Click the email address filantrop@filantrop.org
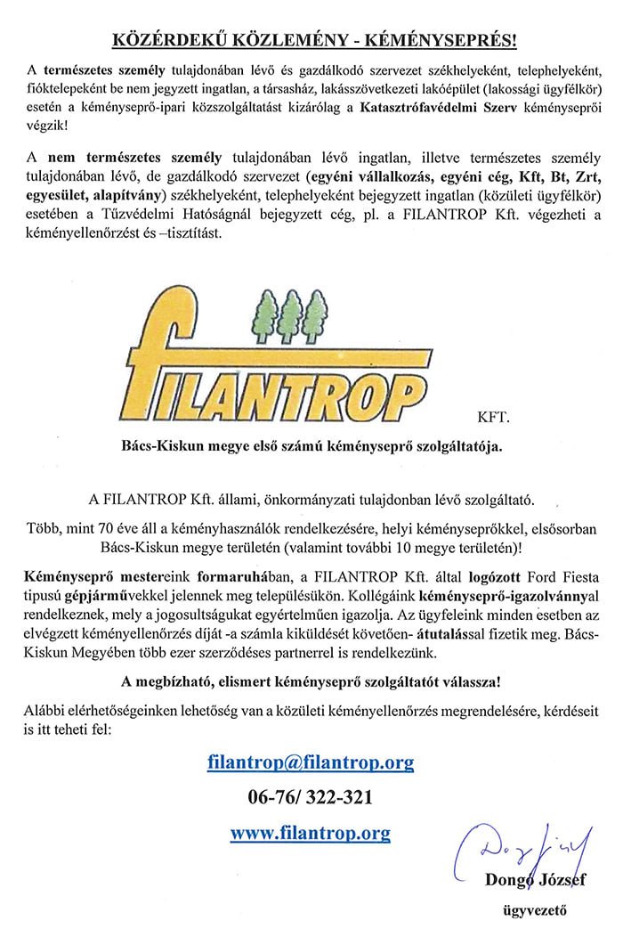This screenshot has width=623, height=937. [x=311, y=763]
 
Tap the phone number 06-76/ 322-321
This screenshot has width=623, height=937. [x=310, y=797]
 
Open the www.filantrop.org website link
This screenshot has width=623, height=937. [x=310, y=833]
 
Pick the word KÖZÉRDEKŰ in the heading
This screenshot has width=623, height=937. [x=159, y=40]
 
